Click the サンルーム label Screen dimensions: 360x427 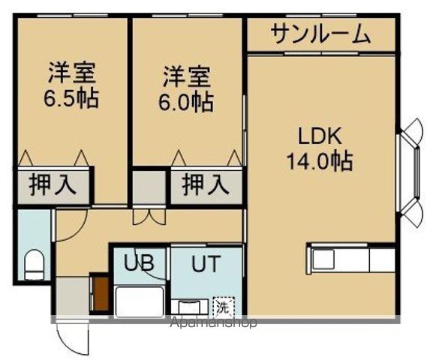click(320, 34)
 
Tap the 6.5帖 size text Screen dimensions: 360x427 click(73, 99)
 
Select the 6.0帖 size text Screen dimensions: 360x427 click(187, 100)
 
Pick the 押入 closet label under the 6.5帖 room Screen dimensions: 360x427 click(53, 184)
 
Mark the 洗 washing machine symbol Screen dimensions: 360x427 click(224, 306)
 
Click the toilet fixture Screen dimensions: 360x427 click(34, 264)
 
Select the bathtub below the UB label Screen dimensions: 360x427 click(140, 301)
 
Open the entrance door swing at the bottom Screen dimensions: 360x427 click(72, 338)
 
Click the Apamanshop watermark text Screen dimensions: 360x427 click(213, 323)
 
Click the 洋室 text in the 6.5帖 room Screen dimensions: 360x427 click(73, 74)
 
